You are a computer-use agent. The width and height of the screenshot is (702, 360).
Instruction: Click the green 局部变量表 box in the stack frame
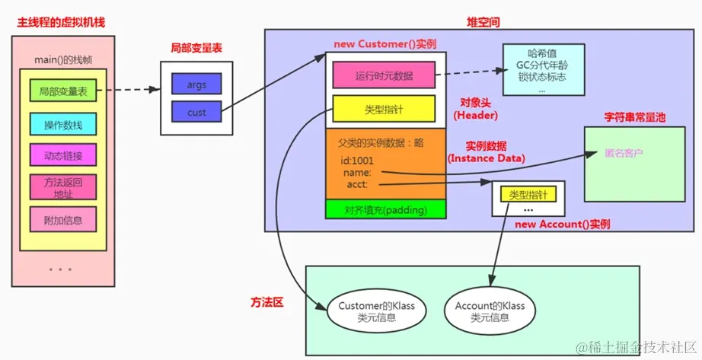pyautogui.click(x=63, y=91)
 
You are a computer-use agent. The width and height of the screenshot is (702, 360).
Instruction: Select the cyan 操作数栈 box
pyautogui.click(x=63, y=124)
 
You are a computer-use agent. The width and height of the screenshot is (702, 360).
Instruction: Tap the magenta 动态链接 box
pyautogui.click(x=63, y=155)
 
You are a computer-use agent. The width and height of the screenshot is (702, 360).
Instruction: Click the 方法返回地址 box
pyautogui.click(x=63, y=187)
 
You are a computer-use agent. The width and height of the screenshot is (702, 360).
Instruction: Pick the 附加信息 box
pyautogui.click(x=63, y=220)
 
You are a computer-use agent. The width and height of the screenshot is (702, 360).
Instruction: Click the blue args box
pyautogui.click(x=196, y=84)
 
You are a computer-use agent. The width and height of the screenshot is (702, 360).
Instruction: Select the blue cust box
pyautogui.click(x=196, y=113)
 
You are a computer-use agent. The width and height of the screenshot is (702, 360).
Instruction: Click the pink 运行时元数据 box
pyautogui.click(x=383, y=75)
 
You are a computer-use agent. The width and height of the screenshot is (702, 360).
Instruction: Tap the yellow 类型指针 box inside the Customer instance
pyautogui.click(x=383, y=110)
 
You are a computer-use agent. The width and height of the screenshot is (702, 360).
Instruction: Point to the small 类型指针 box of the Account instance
pyautogui.click(x=528, y=195)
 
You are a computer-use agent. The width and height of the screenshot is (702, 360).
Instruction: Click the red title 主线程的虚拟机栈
pyautogui.click(x=61, y=22)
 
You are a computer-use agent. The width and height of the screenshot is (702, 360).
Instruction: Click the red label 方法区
pyautogui.click(x=266, y=302)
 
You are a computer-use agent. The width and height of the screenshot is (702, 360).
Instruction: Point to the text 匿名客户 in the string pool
pyautogui.click(x=624, y=153)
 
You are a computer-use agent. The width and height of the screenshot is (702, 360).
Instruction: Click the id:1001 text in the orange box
pyautogui.click(x=357, y=161)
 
